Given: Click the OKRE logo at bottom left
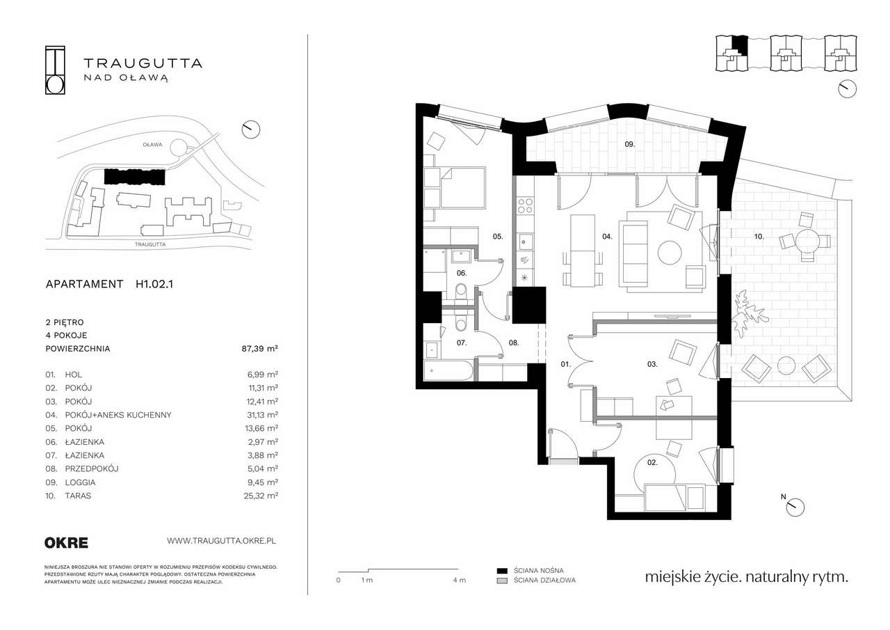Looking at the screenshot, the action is (66, 543).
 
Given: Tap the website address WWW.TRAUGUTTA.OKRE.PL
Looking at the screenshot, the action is (221, 541).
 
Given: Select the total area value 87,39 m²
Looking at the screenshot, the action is (260, 349).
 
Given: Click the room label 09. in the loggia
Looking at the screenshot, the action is (630, 144).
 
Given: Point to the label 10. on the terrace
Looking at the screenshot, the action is (759, 237).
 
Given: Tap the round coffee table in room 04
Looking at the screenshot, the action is (670, 253).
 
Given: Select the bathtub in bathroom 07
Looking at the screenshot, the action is (448, 370).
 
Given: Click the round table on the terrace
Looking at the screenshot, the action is (807, 242).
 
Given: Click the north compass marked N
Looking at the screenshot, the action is (795, 507).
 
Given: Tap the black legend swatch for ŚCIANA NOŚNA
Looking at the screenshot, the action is (502, 571).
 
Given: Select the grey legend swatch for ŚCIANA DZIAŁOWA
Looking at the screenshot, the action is (502, 581).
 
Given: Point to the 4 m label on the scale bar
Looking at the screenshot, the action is (460, 581).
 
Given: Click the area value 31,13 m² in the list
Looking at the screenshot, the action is (261, 415).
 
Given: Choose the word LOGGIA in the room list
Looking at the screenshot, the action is (80, 482).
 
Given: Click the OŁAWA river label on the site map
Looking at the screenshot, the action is (152, 145).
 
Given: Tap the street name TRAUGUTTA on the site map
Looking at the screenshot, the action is (150, 244).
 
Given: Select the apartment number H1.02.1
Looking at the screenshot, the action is (154, 284).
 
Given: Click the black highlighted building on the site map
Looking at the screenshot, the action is (134, 176).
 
